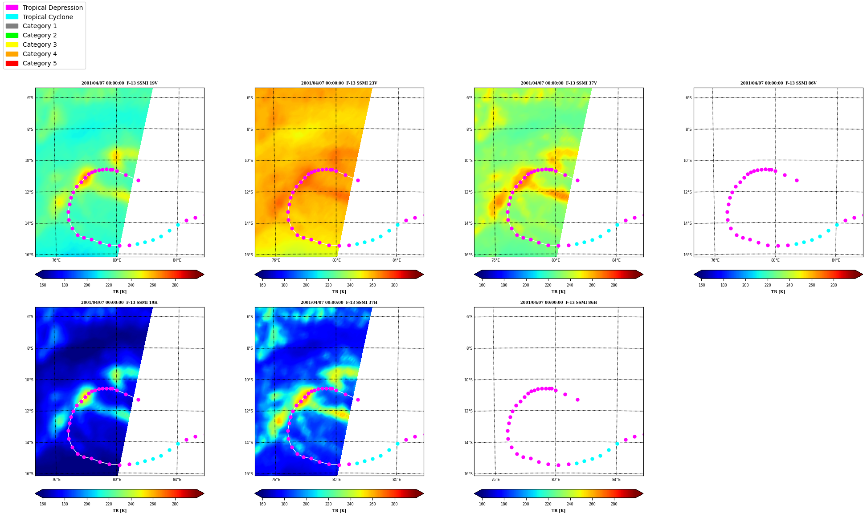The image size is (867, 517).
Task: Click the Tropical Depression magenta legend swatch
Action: (12, 8)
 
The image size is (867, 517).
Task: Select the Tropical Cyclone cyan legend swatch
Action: (12, 17)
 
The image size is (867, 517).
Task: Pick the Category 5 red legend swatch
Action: (12, 63)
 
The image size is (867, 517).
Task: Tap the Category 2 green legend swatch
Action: (12, 35)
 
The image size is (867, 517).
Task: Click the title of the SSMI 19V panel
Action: (119, 83)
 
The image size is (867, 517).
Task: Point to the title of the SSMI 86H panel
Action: (559, 303)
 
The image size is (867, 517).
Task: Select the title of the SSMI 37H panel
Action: (339, 303)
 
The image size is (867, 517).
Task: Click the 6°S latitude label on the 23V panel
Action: (249, 98)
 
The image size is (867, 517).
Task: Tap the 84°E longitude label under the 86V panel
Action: (836, 260)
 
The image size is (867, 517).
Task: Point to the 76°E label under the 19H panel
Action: (56, 480)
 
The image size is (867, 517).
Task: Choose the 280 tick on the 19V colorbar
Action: (175, 285)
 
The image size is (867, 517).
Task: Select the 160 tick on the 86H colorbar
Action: (482, 504)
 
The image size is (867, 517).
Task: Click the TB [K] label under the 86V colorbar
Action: (778, 292)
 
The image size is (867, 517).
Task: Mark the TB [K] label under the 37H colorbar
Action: (339, 511)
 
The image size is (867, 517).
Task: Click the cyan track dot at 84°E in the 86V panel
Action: (837, 225)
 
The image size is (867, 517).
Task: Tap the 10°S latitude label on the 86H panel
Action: (468, 380)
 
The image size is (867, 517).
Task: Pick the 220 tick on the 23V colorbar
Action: (328, 285)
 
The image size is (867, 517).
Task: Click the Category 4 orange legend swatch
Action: (12, 54)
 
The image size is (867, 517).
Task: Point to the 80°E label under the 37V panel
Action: (556, 260)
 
